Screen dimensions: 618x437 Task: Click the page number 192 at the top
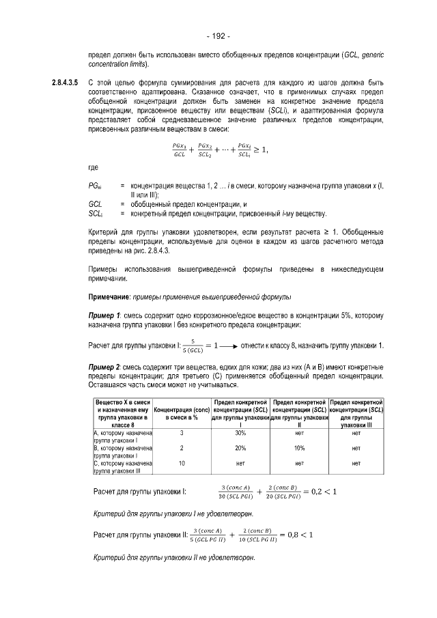218,36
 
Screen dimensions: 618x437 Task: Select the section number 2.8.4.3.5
66,83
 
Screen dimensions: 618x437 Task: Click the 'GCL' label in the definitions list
96,204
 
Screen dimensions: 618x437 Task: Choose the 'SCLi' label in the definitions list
96,213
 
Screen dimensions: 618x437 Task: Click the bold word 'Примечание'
112,298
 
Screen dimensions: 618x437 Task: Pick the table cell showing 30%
240,433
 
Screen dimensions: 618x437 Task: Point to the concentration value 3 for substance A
182,433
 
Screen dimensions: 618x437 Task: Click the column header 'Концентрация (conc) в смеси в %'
182,412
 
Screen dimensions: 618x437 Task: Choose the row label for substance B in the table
122,451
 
